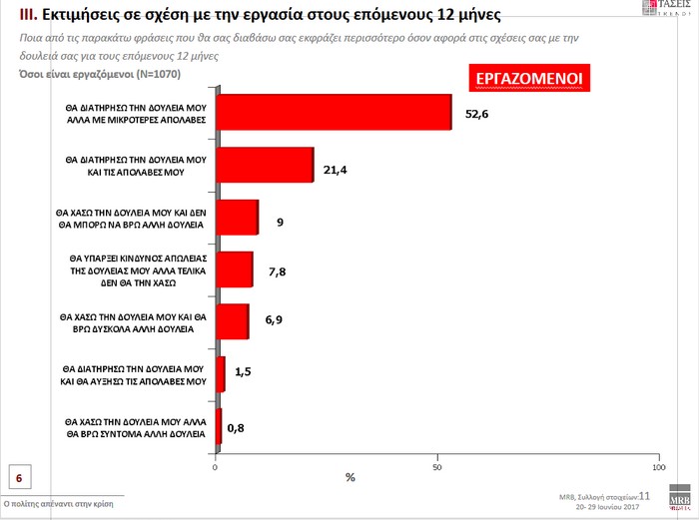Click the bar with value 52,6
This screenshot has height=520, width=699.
(x=334, y=112)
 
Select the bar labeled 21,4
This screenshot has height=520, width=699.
(x=265, y=165)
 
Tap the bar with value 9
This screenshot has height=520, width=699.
(x=237, y=218)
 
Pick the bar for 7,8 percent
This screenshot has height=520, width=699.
(x=234, y=269)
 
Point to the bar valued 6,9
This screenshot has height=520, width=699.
(x=232, y=321)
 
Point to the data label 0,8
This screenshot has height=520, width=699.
(x=236, y=430)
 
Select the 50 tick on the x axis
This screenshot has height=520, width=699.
(x=437, y=467)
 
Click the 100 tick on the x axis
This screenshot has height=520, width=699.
(x=657, y=467)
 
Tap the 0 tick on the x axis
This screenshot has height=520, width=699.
(x=217, y=467)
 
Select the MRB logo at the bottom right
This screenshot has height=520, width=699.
(x=678, y=498)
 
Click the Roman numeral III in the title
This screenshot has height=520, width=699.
(x=13, y=16)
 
